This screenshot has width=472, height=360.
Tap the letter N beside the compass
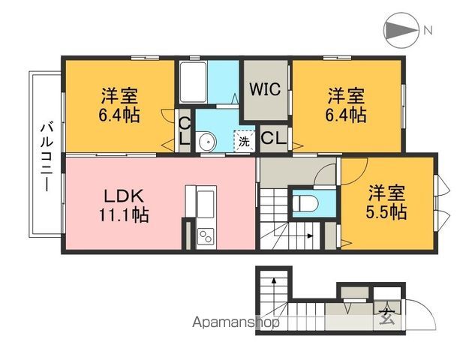pos(428,31)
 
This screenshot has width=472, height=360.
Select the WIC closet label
pos(265,89)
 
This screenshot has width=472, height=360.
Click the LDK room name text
pos(122,196)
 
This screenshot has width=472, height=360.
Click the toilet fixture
pos(307,202)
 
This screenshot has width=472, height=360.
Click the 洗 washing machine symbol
pos(244,140)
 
